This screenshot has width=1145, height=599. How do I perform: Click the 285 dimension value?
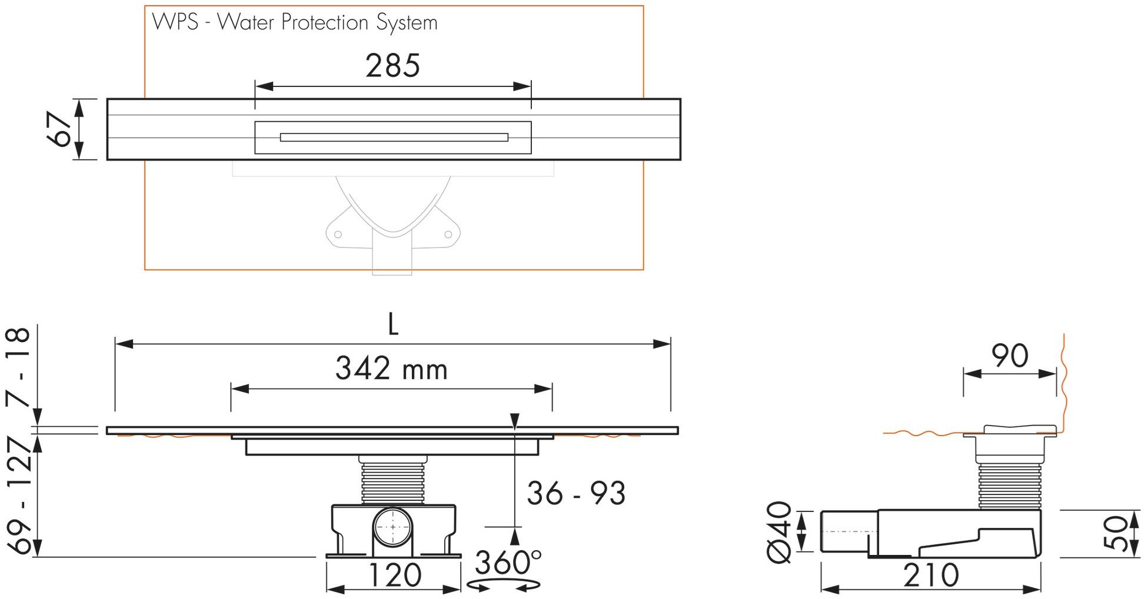point(392,66)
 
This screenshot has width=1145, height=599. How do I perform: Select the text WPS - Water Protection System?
point(295,22)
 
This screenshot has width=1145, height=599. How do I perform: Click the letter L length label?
point(393,324)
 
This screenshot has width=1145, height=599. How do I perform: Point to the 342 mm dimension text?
point(391,369)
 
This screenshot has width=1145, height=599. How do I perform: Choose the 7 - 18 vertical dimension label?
point(19,367)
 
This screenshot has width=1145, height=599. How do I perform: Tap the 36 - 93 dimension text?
point(575,493)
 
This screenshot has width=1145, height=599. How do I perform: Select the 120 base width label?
point(394,575)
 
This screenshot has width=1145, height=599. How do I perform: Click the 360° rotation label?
point(507,563)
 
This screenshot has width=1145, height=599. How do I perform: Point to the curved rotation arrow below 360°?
point(504,585)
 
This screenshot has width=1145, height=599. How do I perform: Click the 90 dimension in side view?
point(1010,356)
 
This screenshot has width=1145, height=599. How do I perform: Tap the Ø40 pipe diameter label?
point(780,532)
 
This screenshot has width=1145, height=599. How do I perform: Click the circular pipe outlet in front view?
point(393,527)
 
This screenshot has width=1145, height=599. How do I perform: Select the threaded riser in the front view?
point(393,482)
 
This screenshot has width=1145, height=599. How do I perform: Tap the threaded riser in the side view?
point(1009,486)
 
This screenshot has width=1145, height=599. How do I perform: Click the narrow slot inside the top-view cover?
point(394,138)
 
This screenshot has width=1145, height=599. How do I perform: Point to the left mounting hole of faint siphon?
point(338,235)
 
